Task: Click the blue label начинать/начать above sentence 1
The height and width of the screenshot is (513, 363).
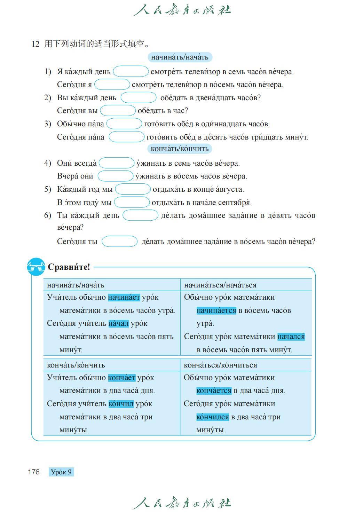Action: [x=180, y=57]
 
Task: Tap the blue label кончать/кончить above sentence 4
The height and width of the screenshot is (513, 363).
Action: [x=180, y=149]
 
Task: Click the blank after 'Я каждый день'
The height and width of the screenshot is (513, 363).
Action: [x=131, y=71]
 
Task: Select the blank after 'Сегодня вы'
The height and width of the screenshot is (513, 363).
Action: [x=118, y=111]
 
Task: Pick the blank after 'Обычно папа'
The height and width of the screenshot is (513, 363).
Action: [x=124, y=124]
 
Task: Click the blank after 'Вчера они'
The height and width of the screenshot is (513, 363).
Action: [x=115, y=176]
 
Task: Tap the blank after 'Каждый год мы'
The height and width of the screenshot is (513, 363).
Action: [x=133, y=189]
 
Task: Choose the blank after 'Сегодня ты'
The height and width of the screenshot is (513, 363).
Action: [x=119, y=241]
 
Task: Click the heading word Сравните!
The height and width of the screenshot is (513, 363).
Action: [x=69, y=267]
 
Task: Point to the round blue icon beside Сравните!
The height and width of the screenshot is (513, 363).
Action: [x=36, y=267]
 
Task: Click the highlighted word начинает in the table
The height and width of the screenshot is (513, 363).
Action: [x=124, y=297]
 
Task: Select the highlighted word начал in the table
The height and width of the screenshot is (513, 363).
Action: [x=118, y=323]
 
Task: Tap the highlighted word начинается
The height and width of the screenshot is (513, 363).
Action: [x=216, y=310]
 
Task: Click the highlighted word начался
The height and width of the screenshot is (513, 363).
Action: [x=291, y=337]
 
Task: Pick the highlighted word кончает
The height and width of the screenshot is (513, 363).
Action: [x=121, y=378]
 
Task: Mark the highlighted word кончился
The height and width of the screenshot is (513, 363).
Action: [x=212, y=417]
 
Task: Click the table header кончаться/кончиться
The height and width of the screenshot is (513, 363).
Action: [x=220, y=365]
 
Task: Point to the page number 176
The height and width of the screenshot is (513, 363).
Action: [x=34, y=472]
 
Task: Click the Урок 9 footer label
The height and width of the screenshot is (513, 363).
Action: [x=61, y=472]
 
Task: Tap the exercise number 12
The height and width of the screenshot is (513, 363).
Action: [x=35, y=44]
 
